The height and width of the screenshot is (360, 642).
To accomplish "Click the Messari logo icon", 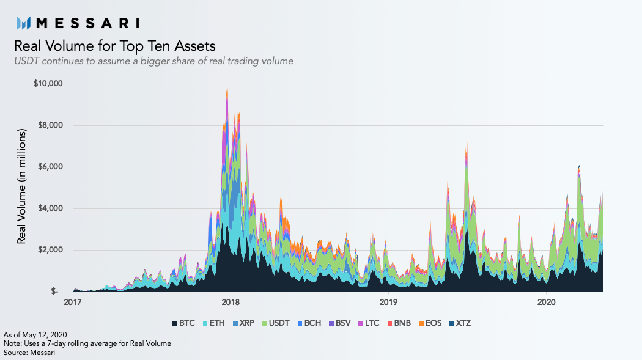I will [x=24, y=23].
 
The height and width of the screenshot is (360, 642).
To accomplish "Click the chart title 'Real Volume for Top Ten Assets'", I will [x=114, y=46].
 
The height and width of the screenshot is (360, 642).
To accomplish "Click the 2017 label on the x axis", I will [x=73, y=302].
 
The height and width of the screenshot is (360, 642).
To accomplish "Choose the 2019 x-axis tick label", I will [x=389, y=302].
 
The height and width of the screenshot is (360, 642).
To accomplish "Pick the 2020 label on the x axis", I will [x=546, y=302].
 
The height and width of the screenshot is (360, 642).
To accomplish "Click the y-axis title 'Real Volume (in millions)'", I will [x=22, y=186].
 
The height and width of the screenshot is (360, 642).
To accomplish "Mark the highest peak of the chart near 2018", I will [x=227, y=89].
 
